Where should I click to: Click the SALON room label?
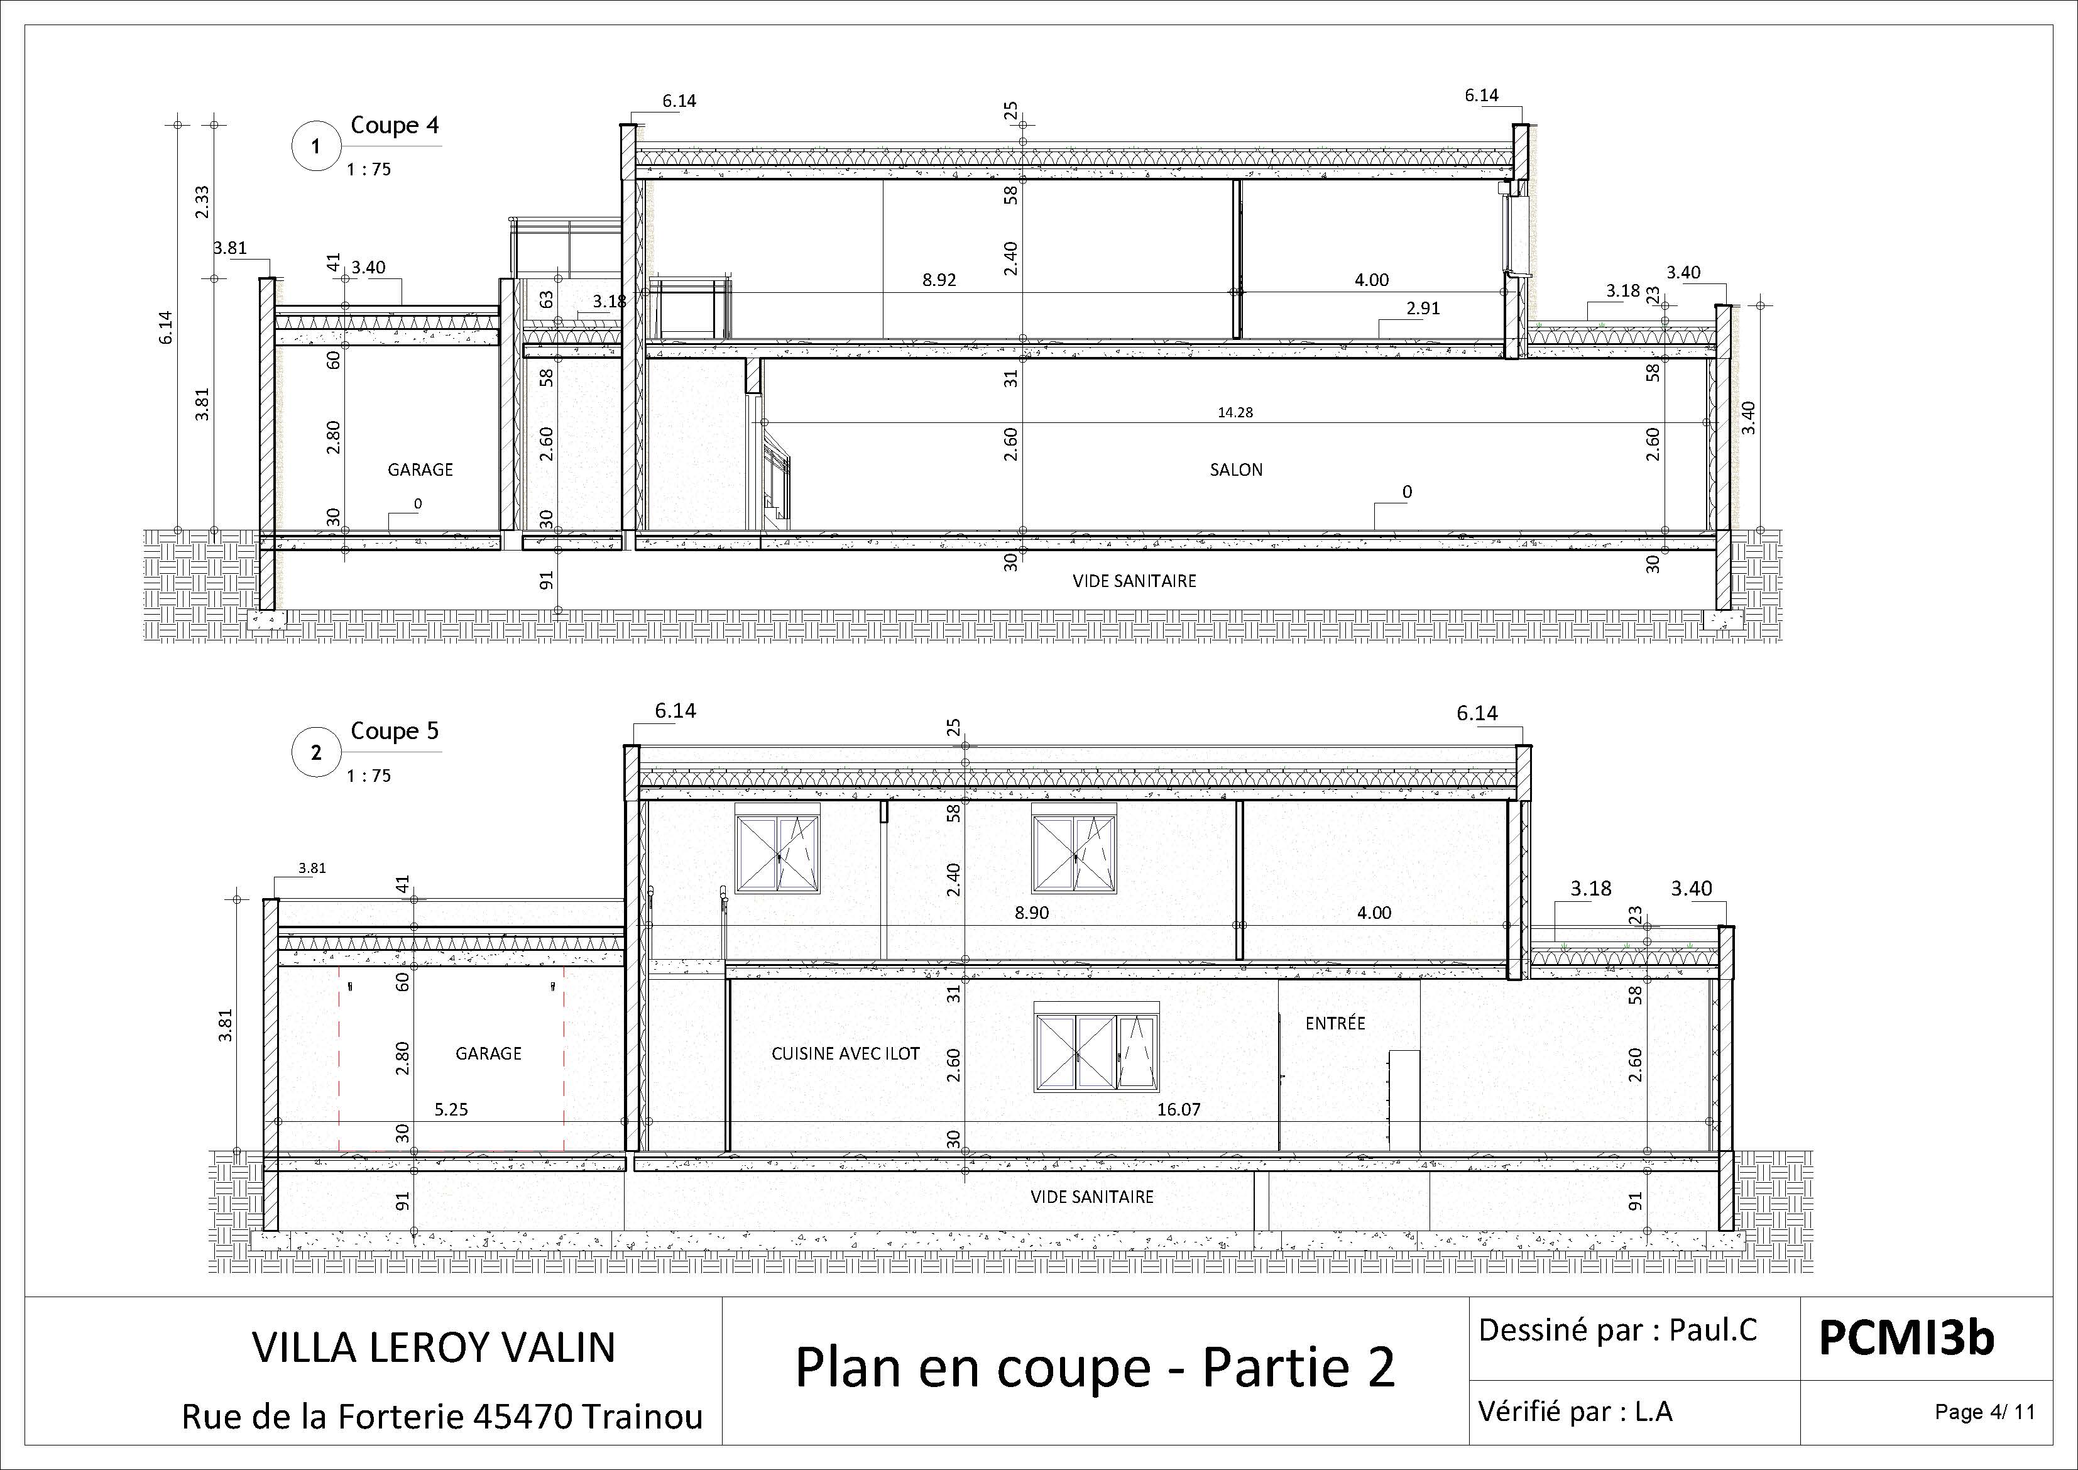click(1235, 470)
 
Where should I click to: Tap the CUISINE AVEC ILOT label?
click(845, 1053)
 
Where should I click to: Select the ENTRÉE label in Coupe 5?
click(1335, 1023)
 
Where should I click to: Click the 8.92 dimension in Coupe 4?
click(939, 280)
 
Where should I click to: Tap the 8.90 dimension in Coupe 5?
click(1032, 913)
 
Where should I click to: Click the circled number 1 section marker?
click(316, 146)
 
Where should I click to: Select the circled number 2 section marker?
click(316, 752)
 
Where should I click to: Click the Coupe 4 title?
click(395, 125)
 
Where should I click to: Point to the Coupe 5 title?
click(395, 732)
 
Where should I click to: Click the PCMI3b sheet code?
click(1906, 1338)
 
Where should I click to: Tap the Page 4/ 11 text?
click(1985, 1412)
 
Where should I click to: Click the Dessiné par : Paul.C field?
click(1617, 1330)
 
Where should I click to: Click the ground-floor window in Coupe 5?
click(1096, 1046)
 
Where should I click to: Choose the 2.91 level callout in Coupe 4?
click(1423, 309)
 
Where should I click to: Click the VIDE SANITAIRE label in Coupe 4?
click(1134, 581)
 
